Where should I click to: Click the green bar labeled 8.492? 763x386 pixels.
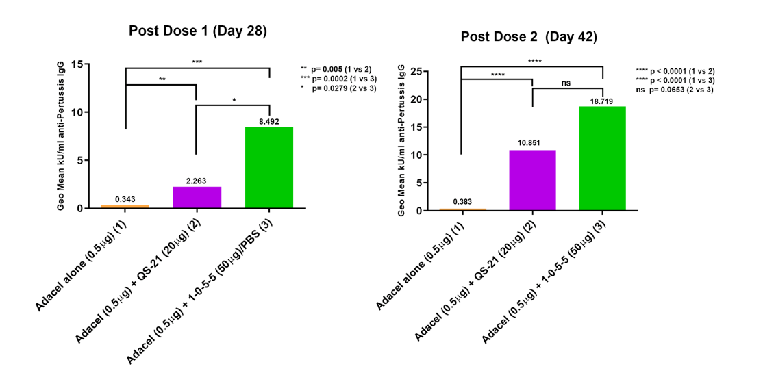coord(269,167)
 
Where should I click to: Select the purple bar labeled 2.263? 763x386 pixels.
coord(197,197)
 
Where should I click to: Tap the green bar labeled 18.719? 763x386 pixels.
coord(602,158)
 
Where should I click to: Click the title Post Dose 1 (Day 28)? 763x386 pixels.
coord(198,31)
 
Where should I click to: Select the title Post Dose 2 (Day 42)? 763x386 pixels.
coord(528,37)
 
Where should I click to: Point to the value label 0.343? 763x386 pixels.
coord(125,199)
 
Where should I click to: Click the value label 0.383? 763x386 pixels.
coord(462,201)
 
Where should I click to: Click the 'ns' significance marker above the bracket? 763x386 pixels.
coord(566,83)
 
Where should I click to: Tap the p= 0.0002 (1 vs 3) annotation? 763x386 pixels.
coord(338,79)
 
